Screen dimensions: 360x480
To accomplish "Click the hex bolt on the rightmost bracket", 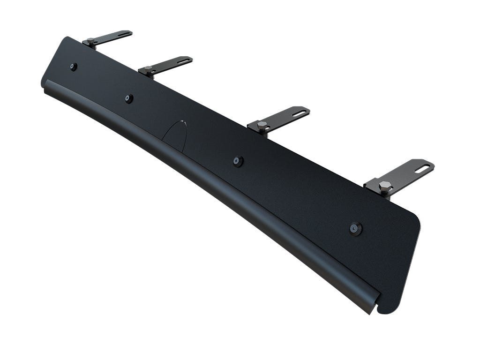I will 385,185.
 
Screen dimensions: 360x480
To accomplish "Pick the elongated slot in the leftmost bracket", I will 125,34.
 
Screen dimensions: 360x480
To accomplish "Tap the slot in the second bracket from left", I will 184,60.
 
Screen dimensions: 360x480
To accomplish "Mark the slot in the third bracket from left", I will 300,112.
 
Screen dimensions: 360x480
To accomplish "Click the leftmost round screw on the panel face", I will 74,67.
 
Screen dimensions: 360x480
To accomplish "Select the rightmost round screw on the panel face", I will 356,229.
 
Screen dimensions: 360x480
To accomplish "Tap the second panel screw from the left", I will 129,98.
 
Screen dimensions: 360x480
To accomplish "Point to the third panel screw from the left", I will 238,161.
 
